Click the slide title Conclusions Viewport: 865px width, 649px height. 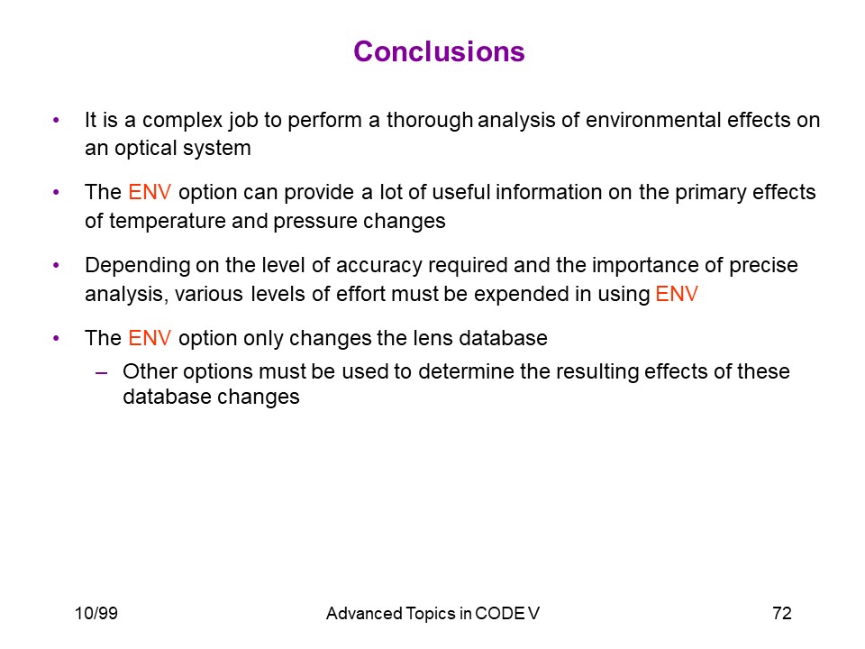click(x=439, y=51)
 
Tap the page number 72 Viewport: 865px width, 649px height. click(x=782, y=613)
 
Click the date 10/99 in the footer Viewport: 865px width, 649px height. click(x=96, y=613)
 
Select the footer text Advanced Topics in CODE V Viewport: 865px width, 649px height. click(x=432, y=613)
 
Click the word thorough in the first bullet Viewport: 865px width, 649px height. click(x=429, y=120)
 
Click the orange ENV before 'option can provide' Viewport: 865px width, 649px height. click(x=150, y=192)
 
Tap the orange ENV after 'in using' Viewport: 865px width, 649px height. click(x=677, y=294)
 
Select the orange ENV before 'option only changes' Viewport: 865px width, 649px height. click(x=150, y=338)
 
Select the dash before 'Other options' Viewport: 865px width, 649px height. click(x=101, y=373)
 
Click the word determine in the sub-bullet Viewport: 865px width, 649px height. click(x=466, y=371)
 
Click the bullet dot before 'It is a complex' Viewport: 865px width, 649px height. click(x=56, y=120)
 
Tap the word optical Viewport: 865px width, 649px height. click(x=145, y=149)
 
